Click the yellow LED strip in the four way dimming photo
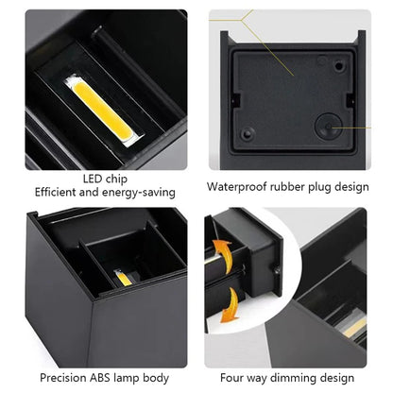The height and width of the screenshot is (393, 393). [356, 328]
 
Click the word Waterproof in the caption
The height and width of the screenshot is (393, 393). [238, 186]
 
